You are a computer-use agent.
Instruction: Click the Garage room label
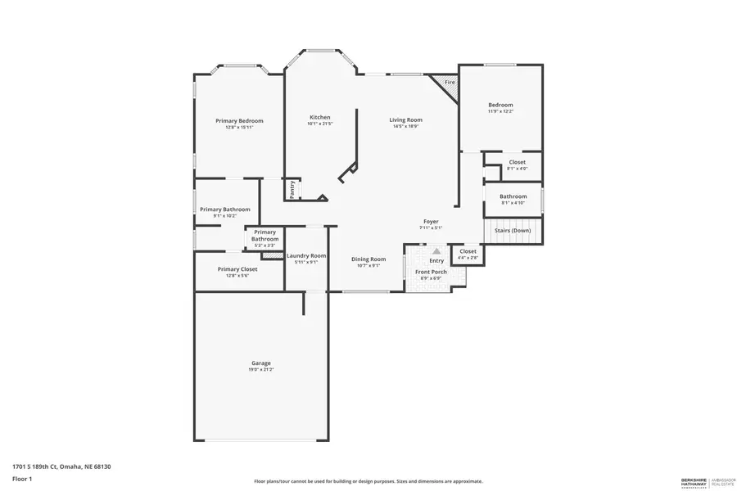point(260,363)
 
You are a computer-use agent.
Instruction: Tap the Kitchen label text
point(319,117)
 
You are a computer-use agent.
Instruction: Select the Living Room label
point(405,120)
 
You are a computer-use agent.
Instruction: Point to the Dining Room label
point(368,259)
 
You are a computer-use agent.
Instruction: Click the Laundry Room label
point(306,255)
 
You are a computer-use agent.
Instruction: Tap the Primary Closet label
point(237,269)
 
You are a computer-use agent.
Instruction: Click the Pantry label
point(292,189)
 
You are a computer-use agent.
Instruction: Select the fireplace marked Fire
point(449,83)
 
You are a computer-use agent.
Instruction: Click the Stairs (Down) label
point(513,231)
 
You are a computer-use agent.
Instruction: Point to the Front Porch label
point(431,272)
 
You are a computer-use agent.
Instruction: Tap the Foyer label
point(431,222)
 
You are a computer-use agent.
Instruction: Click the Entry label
point(436,260)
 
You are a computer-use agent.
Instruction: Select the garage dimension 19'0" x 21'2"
point(260,370)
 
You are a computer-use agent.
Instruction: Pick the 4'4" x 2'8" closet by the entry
point(468,255)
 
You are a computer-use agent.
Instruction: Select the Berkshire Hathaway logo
point(708,480)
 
